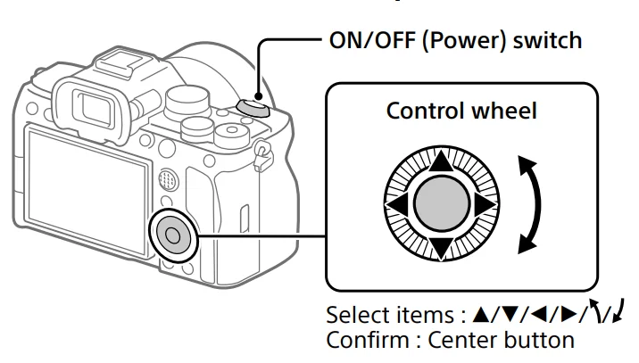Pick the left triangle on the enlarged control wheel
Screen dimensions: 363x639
pos(398,204)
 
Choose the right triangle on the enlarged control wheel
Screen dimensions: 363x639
pos(484,204)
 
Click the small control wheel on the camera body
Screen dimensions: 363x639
pos(172,235)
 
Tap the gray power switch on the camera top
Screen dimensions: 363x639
pos(253,107)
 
